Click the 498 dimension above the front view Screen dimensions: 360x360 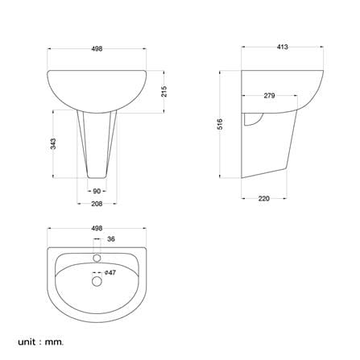click(97, 49)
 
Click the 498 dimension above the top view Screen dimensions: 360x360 click(97, 229)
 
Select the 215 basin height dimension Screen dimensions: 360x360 click(164, 91)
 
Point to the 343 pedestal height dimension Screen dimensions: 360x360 click(53, 143)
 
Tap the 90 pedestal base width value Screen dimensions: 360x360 click(97, 191)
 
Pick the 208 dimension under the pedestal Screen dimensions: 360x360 click(97, 204)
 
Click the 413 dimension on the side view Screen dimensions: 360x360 click(282, 47)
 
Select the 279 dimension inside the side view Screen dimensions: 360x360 click(269, 96)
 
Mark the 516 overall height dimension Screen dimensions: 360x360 click(220, 124)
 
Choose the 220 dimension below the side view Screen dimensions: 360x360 click(264, 199)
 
